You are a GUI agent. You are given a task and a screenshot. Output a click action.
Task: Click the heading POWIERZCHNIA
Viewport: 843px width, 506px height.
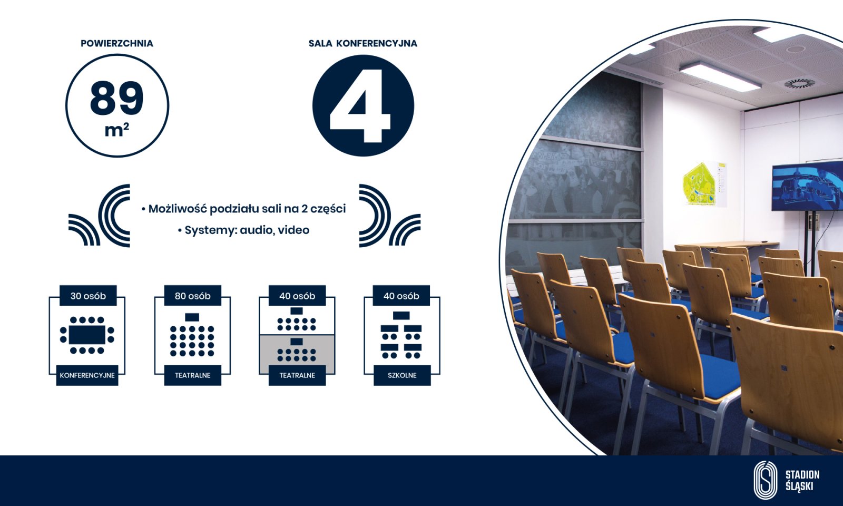tap(116, 43)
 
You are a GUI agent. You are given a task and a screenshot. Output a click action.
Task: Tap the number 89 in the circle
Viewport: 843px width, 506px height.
tap(116, 98)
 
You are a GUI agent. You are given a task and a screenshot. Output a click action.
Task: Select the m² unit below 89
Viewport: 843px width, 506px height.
tap(116, 130)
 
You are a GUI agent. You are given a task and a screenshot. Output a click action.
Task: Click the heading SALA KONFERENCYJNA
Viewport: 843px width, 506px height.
tap(363, 43)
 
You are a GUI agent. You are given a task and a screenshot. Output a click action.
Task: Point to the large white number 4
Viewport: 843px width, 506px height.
tap(360, 106)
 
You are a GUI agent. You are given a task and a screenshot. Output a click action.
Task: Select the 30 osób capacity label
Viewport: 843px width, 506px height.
tap(88, 296)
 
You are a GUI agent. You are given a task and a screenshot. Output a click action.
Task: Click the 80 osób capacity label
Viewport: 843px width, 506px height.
tap(193, 296)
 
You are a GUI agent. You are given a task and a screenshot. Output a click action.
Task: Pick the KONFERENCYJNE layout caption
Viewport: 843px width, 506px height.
tap(87, 375)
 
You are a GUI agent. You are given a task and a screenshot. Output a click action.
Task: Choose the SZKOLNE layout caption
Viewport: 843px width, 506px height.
tap(402, 375)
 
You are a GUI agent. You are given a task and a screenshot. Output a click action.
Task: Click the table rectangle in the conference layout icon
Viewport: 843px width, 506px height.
tap(87, 335)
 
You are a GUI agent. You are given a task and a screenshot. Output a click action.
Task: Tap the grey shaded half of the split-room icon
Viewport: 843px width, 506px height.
tap(297, 354)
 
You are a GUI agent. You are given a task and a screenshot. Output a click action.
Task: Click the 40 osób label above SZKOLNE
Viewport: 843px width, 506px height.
tap(401, 296)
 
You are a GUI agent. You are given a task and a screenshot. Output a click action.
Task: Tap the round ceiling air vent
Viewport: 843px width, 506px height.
tap(800, 83)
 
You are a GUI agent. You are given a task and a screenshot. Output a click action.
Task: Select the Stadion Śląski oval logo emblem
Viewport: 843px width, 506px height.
tap(766, 480)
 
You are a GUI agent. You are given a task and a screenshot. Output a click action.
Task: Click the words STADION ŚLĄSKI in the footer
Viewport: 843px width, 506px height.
tap(802, 480)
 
